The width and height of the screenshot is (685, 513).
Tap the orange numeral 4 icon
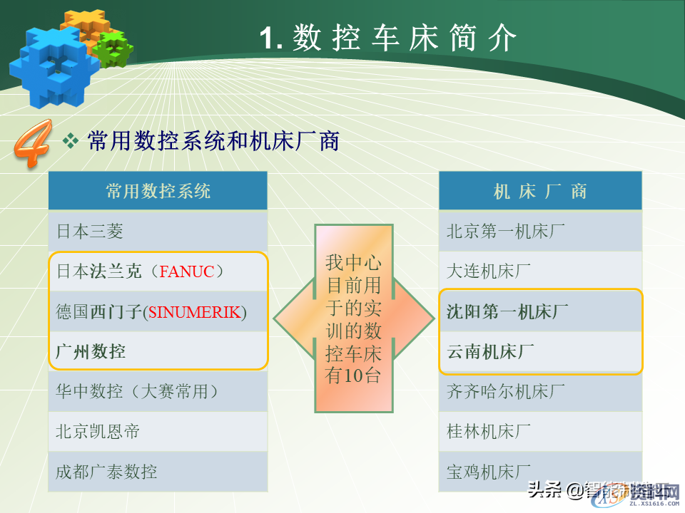point(31,145)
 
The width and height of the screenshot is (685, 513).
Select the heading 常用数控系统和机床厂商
point(213,140)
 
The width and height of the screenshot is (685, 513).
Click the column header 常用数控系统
point(158,191)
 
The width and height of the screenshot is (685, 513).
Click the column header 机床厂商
point(540,191)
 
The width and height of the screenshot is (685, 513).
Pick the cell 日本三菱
point(90,231)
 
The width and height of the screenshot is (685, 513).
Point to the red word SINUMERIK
point(194,311)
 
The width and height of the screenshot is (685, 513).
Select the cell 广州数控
point(90,351)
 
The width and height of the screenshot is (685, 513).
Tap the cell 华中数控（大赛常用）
point(137,391)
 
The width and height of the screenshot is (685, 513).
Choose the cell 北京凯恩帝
point(98,431)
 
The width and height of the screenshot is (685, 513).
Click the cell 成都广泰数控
point(106,471)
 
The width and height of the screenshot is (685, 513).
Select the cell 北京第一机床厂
point(506,231)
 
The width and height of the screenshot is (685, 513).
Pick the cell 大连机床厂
point(489,271)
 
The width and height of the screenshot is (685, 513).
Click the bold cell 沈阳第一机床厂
point(507,311)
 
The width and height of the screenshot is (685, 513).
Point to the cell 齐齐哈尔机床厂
point(506,391)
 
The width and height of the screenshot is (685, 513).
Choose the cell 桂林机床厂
point(489,431)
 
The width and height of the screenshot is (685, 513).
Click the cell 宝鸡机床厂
point(489,471)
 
